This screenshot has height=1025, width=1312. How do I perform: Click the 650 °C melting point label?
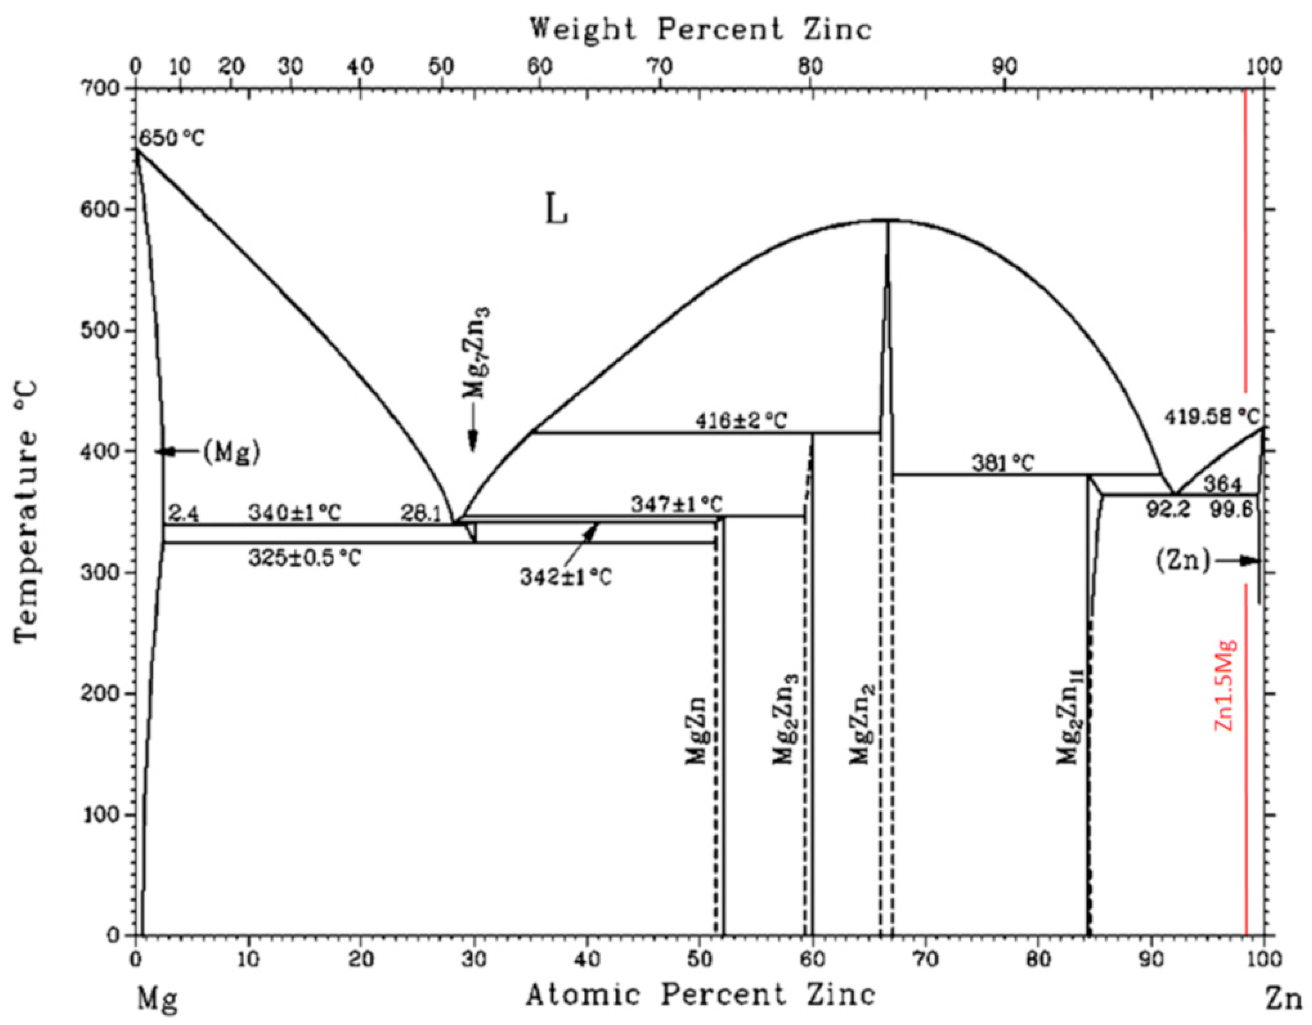click(x=172, y=139)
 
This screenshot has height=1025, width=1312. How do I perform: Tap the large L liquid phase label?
click(x=556, y=213)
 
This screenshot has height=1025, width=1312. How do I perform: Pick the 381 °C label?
click(x=1003, y=463)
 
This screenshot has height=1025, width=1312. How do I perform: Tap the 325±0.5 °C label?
click(x=305, y=558)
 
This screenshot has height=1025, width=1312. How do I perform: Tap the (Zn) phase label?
click(x=1182, y=561)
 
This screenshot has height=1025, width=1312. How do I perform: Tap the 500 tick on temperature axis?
click(x=107, y=331)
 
